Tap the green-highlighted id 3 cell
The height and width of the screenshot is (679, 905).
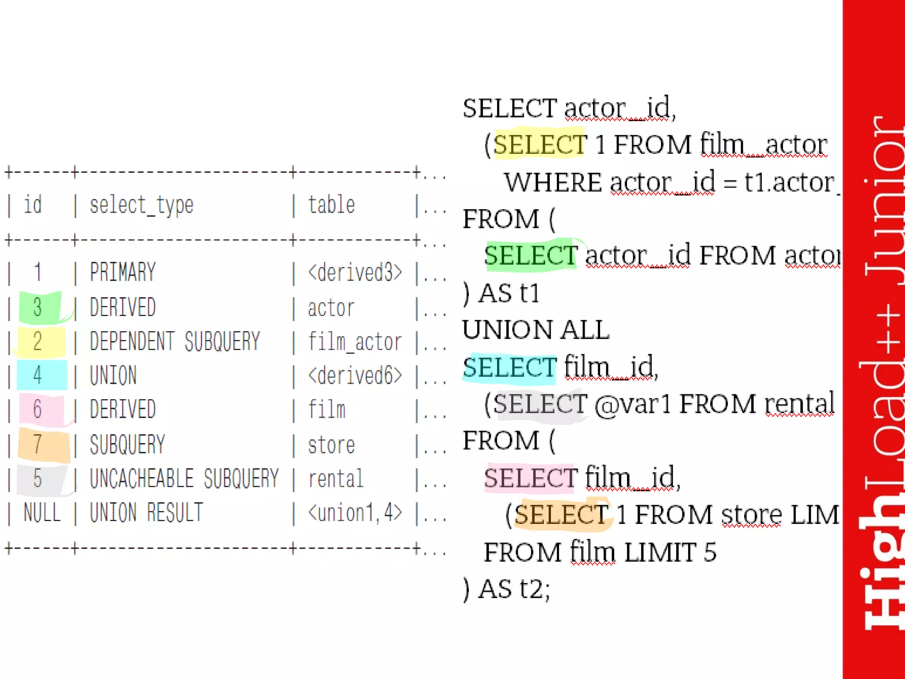38,307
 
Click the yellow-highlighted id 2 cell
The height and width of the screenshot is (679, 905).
38,342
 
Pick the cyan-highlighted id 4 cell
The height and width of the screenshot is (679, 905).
38,375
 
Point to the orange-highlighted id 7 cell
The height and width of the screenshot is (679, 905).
38,444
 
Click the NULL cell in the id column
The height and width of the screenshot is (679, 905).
42,513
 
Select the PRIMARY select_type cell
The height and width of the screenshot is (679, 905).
123,272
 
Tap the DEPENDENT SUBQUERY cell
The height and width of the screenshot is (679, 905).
175,342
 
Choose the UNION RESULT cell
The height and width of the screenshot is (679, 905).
146,513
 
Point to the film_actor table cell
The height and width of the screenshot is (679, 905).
355,342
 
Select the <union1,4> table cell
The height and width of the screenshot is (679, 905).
355,513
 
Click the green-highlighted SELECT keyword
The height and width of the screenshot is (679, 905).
531,256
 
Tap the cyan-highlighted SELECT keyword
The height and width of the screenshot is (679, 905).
510,367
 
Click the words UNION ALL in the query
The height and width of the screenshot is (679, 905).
536,330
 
